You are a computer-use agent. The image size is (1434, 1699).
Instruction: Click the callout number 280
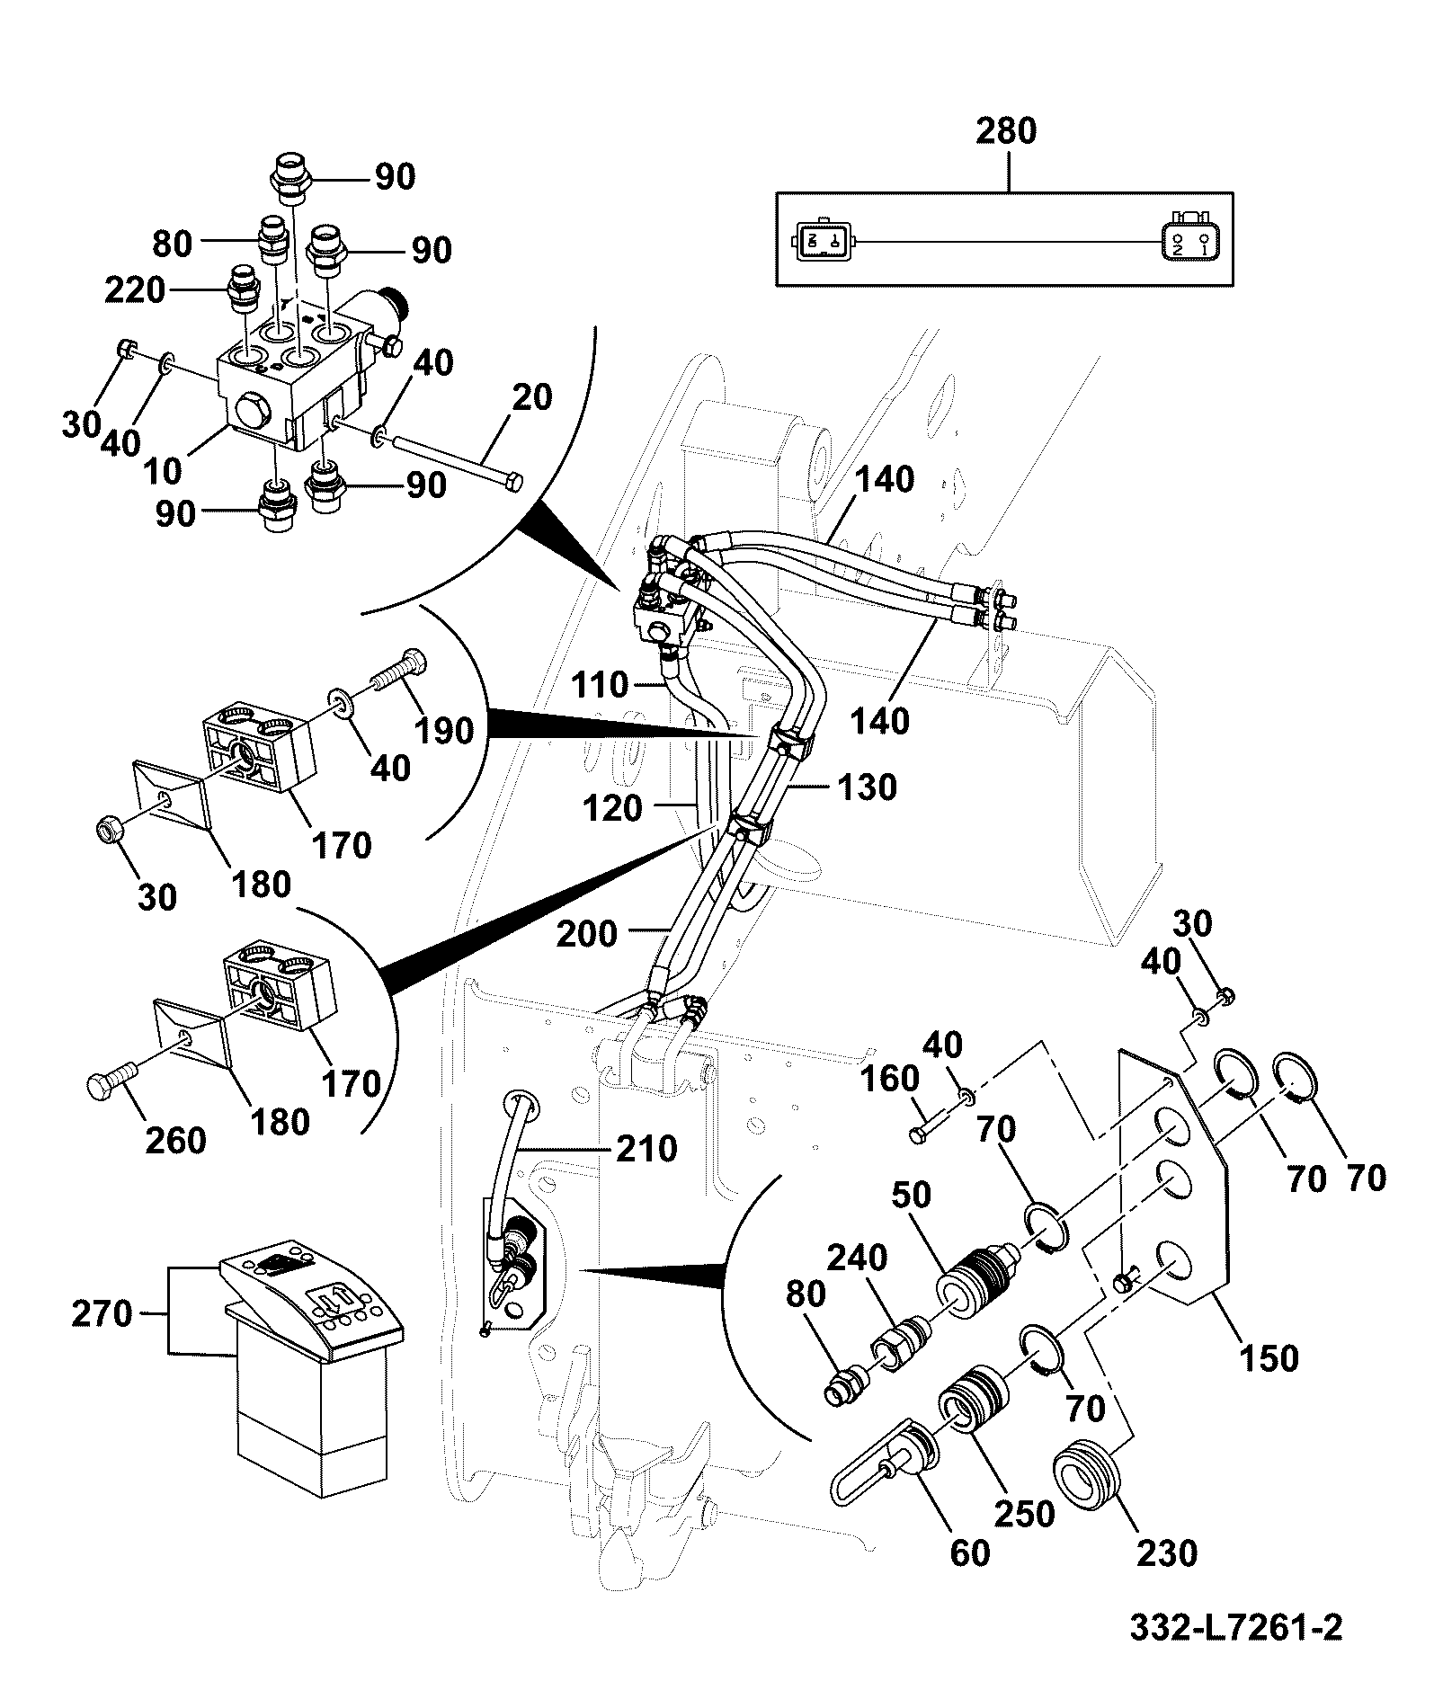1006,131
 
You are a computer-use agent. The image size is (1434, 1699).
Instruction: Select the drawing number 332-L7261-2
1235,1627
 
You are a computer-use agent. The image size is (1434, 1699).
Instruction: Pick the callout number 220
135,290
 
